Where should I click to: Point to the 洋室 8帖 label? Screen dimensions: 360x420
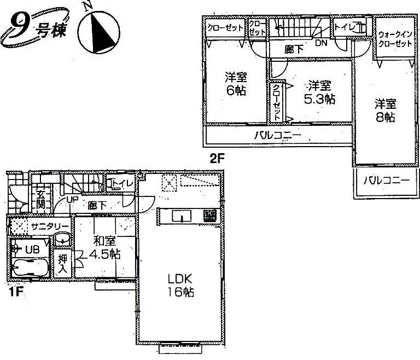point(385,110)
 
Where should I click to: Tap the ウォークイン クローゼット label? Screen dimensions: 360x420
point(395,39)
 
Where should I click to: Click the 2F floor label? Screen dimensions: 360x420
point(217,159)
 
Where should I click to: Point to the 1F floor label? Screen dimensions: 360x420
point(15,292)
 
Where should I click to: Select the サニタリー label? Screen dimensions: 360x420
point(49,226)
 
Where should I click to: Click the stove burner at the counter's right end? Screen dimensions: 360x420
point(209,216)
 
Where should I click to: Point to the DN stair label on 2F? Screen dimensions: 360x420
point(320,43)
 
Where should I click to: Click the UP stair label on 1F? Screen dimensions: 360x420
point(72,201)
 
